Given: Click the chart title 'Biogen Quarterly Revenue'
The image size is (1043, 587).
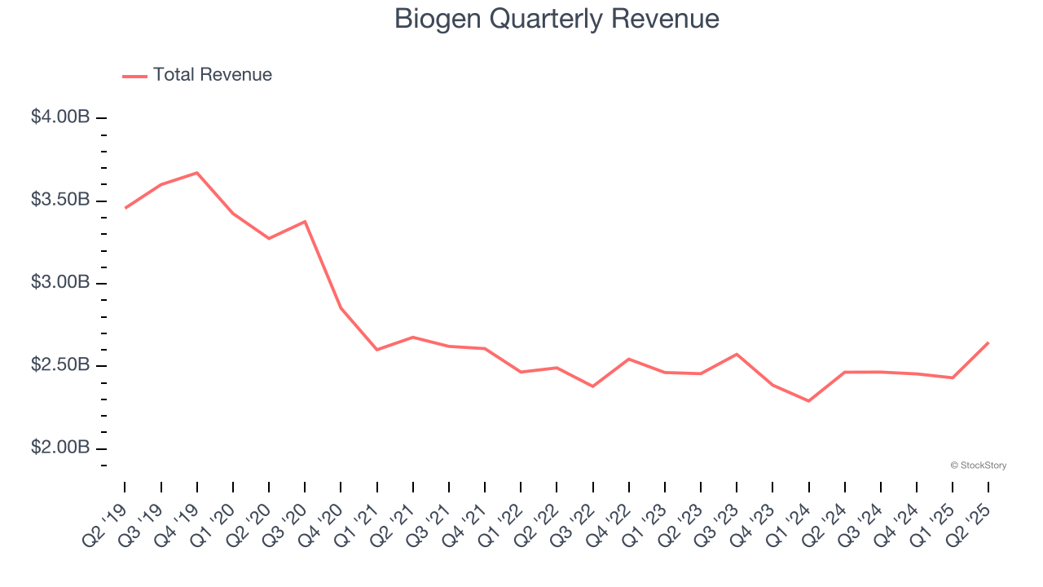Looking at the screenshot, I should [x=557, y=19].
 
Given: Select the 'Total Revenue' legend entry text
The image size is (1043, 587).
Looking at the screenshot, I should [x=212, y=75].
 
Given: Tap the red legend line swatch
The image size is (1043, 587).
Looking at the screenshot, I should [x=134, y=76].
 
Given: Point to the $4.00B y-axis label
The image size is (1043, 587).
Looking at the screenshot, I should [x=60, y=117].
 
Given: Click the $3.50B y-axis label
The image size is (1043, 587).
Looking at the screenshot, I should [x=60, y=201].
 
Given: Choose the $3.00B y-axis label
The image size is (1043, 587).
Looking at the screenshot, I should [x=60, y=283].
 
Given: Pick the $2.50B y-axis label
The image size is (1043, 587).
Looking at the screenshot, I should [x=60, y=365].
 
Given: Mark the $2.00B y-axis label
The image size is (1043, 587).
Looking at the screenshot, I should [x=60, y=448].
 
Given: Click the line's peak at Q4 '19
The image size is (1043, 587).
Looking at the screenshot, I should [x=197, y=173].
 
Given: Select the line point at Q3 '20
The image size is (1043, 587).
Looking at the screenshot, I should [x=305, y=221].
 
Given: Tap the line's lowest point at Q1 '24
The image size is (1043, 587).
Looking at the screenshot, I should [x=808, y=401].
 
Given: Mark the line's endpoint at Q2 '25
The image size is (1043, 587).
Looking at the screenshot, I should [x=988, y=342].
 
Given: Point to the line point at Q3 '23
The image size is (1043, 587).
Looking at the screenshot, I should [x=737, y=354].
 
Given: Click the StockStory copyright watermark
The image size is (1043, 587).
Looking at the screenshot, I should [x=978, y=466].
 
